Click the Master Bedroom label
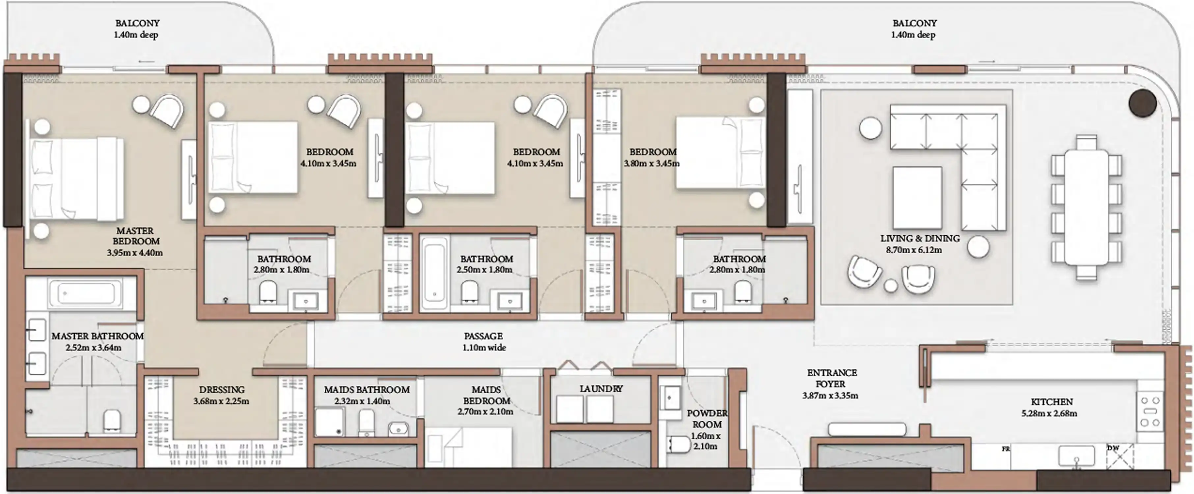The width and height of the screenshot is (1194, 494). coord(135,236)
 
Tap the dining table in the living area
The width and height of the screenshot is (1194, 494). coord(1086,207)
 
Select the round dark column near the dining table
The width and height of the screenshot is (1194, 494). coord(1142,103)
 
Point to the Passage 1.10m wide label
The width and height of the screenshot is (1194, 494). coord(484,342)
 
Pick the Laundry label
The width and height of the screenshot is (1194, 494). coord(601,389)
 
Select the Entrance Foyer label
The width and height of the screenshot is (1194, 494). coord(832,378)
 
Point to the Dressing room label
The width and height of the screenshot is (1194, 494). coord(222,390)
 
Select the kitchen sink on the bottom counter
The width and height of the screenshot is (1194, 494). coord(1076,456)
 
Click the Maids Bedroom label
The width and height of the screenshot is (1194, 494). coord(486,395)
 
